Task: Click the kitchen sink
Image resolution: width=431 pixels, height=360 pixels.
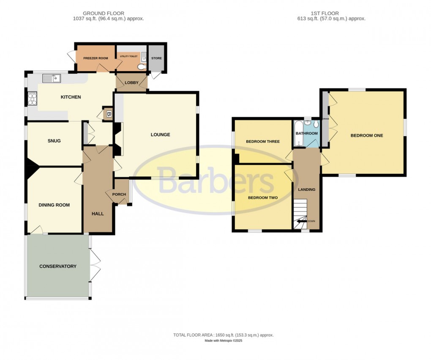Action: [52, 78]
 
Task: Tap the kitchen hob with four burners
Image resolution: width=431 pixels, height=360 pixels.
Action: [32, 99]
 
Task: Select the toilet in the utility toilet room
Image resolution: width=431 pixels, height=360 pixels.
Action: [141, 66]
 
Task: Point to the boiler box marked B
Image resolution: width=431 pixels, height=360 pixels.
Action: [108, 114]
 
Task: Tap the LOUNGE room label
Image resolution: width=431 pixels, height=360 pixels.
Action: [161, 135]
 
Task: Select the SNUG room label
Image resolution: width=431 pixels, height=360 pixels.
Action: [54, 141]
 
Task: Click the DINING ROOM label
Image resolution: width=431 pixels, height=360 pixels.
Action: [54, 205]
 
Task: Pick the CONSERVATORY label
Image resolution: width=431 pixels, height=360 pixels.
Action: [58, 267]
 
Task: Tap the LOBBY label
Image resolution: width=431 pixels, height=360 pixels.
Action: [131, 82]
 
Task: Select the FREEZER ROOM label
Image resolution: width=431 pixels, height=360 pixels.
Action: [95, 58]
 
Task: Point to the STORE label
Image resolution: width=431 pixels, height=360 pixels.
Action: [156, 58]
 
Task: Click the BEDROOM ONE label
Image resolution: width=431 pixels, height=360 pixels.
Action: [366, 136]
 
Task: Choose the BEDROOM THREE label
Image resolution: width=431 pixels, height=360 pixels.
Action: [263, 142]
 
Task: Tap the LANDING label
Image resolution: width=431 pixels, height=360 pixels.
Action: [307, 190]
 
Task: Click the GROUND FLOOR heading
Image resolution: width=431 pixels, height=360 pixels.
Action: [104, 14]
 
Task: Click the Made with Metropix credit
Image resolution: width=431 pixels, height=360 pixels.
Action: [223, 341]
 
